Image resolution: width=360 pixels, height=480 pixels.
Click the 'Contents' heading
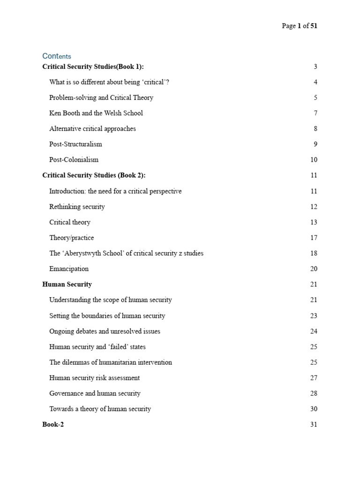click(x=56, y=56)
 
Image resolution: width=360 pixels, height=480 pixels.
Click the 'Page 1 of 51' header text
click(x=299, y=26)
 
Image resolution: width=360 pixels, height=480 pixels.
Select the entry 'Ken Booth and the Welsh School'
click(x=96, y=113)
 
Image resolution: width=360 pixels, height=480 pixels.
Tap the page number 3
click(x=315, y=67)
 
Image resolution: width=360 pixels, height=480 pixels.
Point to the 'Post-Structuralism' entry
click(x=75, y=144)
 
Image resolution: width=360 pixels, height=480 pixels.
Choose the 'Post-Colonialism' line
click(x=74, y=159)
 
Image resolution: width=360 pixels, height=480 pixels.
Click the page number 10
click(x=314, y=160)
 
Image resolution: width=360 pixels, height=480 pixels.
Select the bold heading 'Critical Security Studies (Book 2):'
click(x=94, y=175)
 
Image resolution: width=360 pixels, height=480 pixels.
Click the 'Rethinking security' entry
click(x=77, y=206)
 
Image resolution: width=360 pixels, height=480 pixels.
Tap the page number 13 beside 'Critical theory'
click(x=314, y=222)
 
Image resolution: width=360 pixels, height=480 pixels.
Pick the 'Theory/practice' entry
click(x=71, y=238)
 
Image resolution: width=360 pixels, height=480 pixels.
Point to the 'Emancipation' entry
click(x=68, y=269)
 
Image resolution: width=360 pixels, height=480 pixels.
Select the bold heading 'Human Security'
click(x=67, y=284)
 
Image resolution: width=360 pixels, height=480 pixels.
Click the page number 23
click(x=314, y=315)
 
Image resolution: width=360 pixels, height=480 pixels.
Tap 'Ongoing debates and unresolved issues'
click(x=105, y=331)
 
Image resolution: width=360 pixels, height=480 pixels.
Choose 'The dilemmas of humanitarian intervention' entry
click(x=110, y=362)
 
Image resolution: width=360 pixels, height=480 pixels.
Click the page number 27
click(x=314, y=378)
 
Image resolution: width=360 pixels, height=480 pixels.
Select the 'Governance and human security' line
click(x=95, y=393)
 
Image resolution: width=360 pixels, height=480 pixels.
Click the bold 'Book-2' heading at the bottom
click(x=52, y=425)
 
